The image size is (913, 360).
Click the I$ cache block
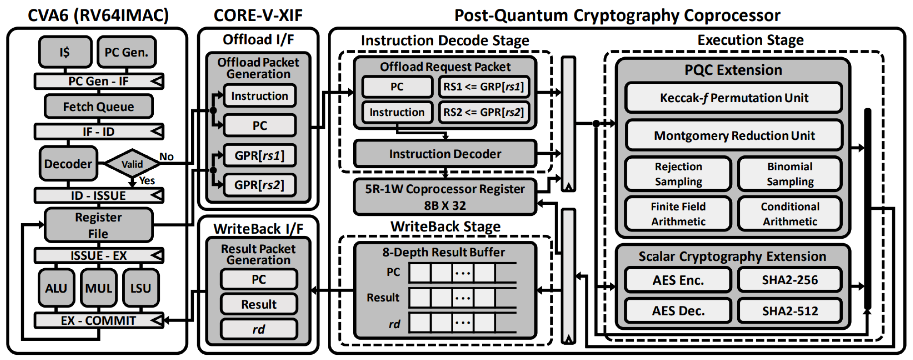coord(65,52)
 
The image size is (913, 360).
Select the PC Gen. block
coord(126,52)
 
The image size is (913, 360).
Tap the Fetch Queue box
coord(99,106)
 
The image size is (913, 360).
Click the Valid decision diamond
coord(132,164)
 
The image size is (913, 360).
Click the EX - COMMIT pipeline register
coord(99,320)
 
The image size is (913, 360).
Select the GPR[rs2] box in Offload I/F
coord(259,185)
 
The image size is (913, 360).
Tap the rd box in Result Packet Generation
coord(259,329)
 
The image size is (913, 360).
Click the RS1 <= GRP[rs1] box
coord(484,87)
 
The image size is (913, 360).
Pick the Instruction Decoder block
coord(445,154)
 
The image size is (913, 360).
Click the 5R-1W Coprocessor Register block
coord(445,197)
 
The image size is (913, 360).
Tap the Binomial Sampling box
coord(790,174)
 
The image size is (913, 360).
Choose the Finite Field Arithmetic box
coord(678,214)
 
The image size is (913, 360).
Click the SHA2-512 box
coord(790,311)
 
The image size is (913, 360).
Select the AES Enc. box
coord(678,280)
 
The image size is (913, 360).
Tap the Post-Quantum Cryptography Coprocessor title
coord(617,15)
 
